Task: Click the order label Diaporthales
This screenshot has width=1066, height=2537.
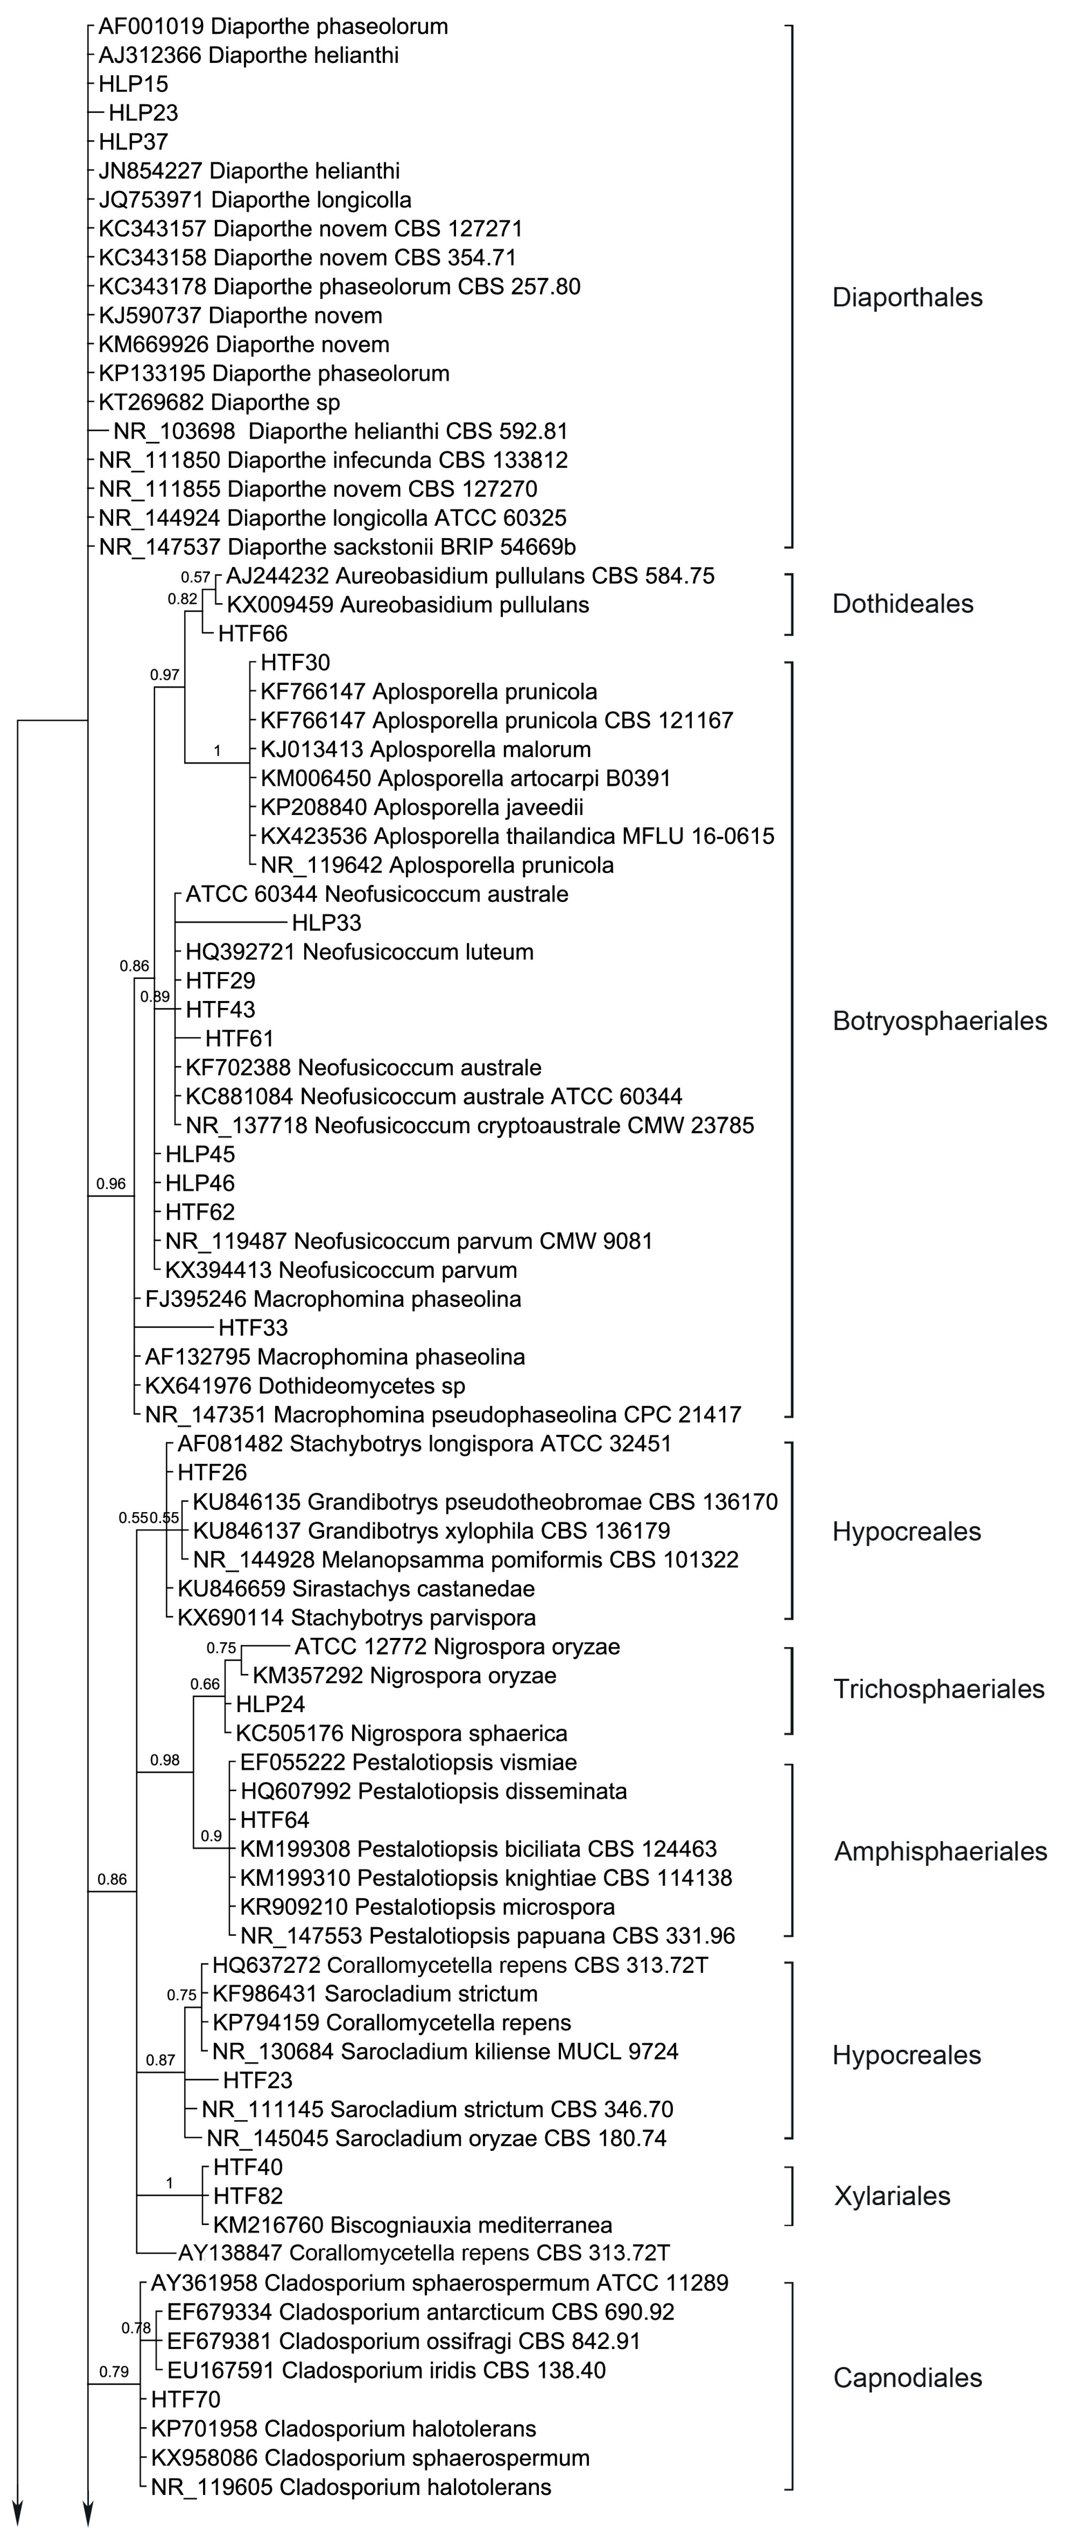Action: click(x=906, y=297)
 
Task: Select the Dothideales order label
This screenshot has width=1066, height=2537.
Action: click(x=902, y=604)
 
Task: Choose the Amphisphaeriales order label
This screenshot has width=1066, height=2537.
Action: click(x=940, y=1851)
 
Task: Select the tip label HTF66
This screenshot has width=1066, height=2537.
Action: click(x=253, y=633)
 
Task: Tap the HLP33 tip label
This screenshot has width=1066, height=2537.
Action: click(x=326, y=923)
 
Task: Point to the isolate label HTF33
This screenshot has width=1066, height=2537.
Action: click(x=253, y=1328)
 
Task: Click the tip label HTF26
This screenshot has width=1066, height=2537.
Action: click(x=212, y=1472)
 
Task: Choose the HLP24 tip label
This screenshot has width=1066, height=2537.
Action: click(x=270, y=1704)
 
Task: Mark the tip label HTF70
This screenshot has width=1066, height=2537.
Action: click(x=185, y=2399)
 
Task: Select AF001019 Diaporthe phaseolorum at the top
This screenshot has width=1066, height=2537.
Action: click(x=273, y=26)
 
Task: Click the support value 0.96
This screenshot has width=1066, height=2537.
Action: click(x=112, y=1184)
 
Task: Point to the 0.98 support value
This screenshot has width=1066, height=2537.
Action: click(x=164, y=1760)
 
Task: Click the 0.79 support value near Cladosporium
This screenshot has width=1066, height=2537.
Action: click(x=114, y=2372)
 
